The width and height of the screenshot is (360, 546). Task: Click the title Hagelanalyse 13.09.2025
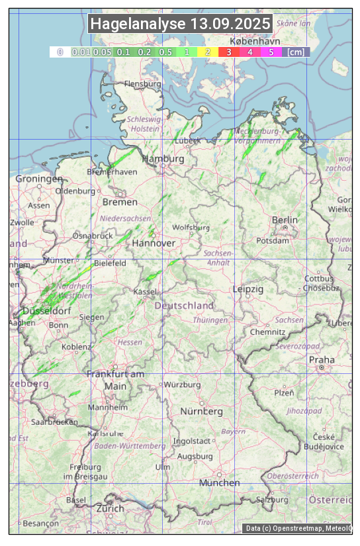click(x=180, y=24)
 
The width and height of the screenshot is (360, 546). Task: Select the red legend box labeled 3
click(x=228, y=52)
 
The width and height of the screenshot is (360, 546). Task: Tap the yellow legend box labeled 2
click(x=208, y=52)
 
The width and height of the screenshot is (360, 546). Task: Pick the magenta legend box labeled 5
click(x=271, y=52)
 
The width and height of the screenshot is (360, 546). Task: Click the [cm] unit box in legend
click(x=296, y=52)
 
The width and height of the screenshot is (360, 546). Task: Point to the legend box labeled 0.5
click(x=165, y=52)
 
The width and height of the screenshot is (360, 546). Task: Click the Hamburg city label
click(x=163, y=159)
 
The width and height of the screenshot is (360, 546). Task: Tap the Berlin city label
click(x=285, y=220)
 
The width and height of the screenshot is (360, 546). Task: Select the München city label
click(x=220, y=482)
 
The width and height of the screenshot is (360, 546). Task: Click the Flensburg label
click(x=143, y=84)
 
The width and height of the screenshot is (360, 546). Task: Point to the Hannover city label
click(x=154, y=244)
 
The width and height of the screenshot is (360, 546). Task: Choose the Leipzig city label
click(x=248, y=289)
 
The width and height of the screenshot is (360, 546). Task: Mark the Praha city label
click(x=322, y=359)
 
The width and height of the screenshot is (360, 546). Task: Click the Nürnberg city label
click(x=202, y=412)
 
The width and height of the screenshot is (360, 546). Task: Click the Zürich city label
click(x=110, y=508)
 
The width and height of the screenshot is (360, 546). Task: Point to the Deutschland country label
click(x=184, y=306)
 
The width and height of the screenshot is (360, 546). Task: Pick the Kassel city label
click(x=145, y=291)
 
